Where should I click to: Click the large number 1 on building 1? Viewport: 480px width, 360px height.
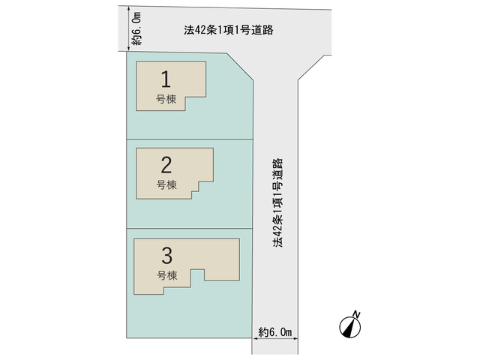166,79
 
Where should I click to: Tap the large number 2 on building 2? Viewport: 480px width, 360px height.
166,165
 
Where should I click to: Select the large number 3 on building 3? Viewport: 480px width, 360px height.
166,256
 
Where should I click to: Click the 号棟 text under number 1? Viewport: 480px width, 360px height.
166,99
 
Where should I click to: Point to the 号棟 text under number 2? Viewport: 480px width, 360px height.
166,184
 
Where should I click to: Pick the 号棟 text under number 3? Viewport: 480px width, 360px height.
167,275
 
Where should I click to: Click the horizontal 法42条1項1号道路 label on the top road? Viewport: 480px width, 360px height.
228,30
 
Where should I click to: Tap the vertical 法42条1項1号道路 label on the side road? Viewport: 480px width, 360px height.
278,202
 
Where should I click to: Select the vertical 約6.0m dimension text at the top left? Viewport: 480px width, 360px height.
136,28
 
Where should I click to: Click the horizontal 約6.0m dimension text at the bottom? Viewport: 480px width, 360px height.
275,331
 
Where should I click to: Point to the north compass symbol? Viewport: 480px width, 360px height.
350,328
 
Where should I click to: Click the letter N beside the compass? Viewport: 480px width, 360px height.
356,314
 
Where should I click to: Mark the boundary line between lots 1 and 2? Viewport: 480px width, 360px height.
190,139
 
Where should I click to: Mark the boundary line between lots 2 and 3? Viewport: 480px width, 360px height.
190,228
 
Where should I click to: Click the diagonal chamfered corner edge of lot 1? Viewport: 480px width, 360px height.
240,67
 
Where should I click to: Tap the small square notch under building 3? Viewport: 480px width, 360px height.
197,274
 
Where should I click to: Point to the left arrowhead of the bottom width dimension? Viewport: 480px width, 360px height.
254,338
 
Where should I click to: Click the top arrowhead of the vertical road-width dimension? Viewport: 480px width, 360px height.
129,8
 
